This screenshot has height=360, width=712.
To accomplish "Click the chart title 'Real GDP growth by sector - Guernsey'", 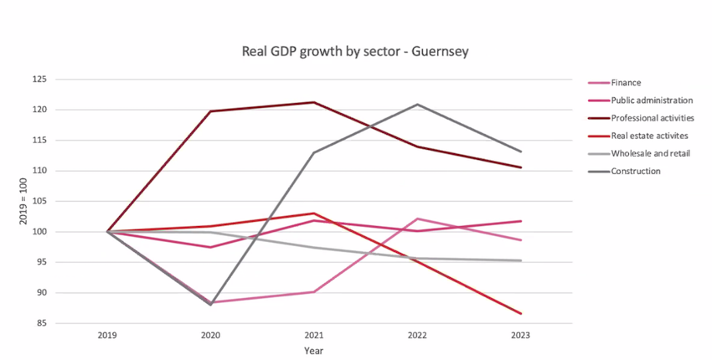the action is click(355, 51).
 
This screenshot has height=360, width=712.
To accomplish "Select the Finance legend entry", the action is click(615, 83).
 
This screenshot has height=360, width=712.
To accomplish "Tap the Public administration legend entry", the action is click(640, 100).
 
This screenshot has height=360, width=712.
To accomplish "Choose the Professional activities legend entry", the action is click(641, 118).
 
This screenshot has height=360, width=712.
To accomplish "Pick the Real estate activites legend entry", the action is click(638, 136).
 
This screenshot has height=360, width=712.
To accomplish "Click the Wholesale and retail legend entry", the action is click(639, 153).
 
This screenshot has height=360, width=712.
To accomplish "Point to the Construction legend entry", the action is click(624, 171).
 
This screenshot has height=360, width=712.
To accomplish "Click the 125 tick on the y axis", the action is click(39, 80).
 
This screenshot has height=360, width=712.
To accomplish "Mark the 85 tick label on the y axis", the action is click(42, 324).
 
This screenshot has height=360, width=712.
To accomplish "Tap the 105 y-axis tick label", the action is click(39, 202).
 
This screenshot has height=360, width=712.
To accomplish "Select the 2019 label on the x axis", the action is click(107, 336).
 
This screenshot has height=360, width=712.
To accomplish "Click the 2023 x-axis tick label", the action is click(520, 336).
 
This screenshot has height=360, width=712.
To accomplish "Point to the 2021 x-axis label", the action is click(314, 336).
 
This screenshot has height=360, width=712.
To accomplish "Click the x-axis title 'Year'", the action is click(314, 351).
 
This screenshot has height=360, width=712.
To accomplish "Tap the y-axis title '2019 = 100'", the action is click(23, 202).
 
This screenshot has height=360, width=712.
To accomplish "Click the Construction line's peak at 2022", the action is click(417, 105).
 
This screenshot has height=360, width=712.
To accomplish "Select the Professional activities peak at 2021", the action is click(314, 102).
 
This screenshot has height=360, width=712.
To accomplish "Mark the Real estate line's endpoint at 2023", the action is click(520, 314).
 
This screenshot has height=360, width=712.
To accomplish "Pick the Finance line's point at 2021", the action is click(314, 292).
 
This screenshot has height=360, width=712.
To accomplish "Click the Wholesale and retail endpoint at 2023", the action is click(520, 260).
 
